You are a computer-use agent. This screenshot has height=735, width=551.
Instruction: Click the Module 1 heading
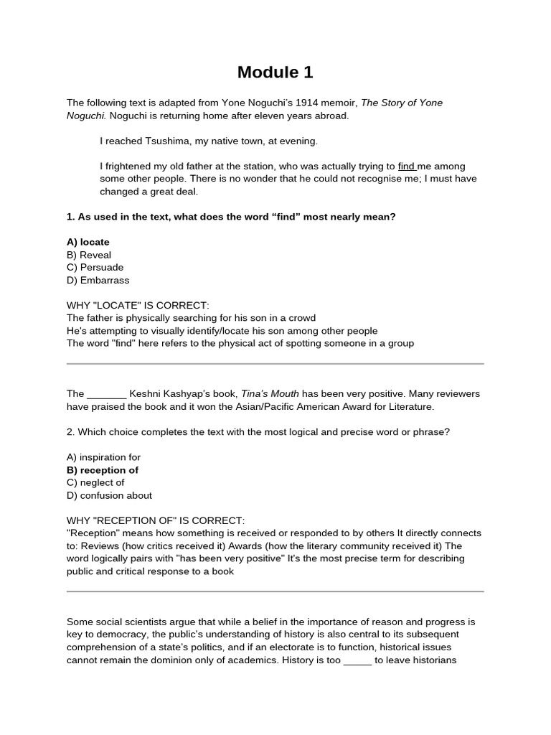point(275,72)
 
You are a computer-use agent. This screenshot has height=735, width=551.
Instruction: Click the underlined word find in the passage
point(406,166)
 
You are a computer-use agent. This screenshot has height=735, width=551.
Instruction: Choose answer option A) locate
point(88,242)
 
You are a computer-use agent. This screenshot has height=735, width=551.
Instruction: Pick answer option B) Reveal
point(89,255)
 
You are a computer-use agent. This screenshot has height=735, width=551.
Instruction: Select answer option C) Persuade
point(95,268)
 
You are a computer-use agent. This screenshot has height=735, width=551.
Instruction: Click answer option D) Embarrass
point(98,280)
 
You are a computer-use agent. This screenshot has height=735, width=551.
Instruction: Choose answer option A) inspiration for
point(103,457)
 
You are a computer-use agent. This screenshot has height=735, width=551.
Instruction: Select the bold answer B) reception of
point(103,470)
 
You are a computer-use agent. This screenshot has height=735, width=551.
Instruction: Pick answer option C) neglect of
point(95,483)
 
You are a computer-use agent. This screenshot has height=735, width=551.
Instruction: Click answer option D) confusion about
point(109,495)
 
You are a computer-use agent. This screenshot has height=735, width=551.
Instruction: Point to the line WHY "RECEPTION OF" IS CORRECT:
point(155,520)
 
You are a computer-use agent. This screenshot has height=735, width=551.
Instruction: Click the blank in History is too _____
point(357,660)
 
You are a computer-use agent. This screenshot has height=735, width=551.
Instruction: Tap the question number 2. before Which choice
point(70,432)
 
